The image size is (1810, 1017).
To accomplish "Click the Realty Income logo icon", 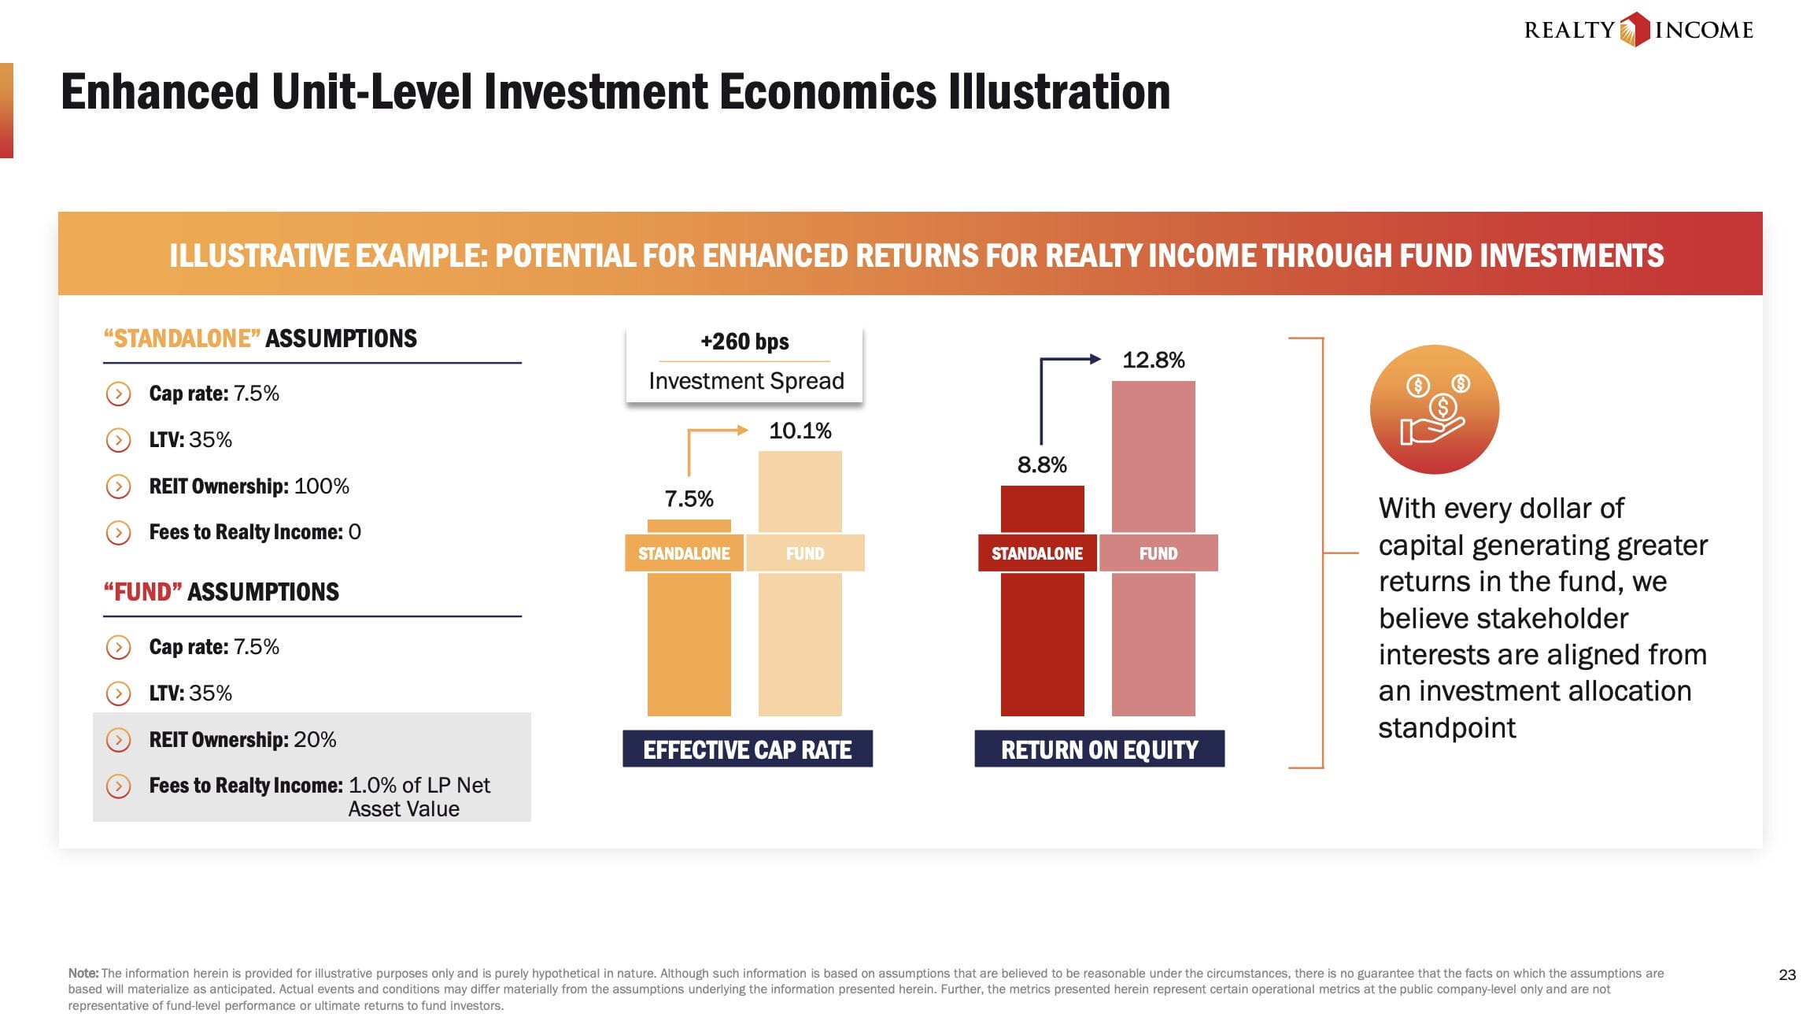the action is (x=1635, y=30).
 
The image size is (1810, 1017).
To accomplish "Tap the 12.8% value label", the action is (x=1153, y=360).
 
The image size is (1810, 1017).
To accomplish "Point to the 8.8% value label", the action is (x=1042, y=464).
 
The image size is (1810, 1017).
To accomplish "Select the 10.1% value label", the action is (x=800, y=431).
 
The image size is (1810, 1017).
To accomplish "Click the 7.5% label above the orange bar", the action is (x=689, y=498).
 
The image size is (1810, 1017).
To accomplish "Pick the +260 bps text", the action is (x=744, y=341).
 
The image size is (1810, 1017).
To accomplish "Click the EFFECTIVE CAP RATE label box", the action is (x=748, y=749).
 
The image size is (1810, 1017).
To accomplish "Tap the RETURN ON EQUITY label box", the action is (x=1099, y=749).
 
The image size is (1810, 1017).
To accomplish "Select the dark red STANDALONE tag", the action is (x=1037, y=553).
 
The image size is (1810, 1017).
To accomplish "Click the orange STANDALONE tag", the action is (x=684, y=553).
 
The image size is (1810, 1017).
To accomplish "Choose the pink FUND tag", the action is (x=1158, y=553).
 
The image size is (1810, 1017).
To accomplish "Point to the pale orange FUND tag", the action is (x=805, y=553).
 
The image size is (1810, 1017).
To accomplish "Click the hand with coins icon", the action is (x=1434, y=409).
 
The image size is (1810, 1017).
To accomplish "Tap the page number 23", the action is (x=1787, y=974).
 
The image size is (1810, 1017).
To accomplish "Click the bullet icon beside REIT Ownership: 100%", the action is (x=118, y=486).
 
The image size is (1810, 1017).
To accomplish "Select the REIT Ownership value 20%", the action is (x=315, y=739).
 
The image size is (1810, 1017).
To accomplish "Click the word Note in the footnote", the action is (x=83, y=973).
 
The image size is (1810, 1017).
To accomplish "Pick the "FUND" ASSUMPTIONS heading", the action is (x=221, y=591).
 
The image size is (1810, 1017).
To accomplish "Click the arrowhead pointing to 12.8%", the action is (x=1095, y=359).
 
